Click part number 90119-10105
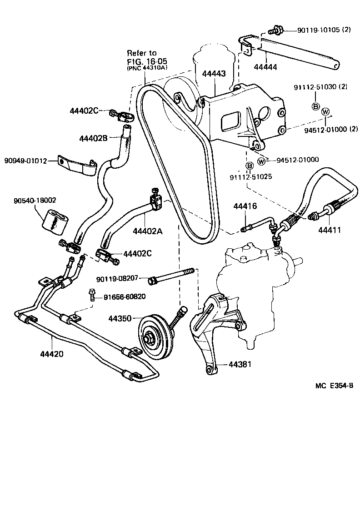[x=319, y=30]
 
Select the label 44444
[x=265, y=67]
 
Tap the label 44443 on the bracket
[x=214, y=74]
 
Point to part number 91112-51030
[x=316, y=87]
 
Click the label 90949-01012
[x=25, y=161]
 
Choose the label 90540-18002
[x=35, y=200]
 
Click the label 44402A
[x=148, y=231]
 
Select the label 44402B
[x=93, y=138]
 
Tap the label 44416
[x=245, y=206]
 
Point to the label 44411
[x=330, y=230]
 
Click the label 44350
[x=120, y=318]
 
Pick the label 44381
[x=240, y=364]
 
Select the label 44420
[x=52, y=354]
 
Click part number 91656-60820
[x=125, y=297]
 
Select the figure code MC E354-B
[x=334, y=386]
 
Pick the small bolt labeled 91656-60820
[x=92, y=294]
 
